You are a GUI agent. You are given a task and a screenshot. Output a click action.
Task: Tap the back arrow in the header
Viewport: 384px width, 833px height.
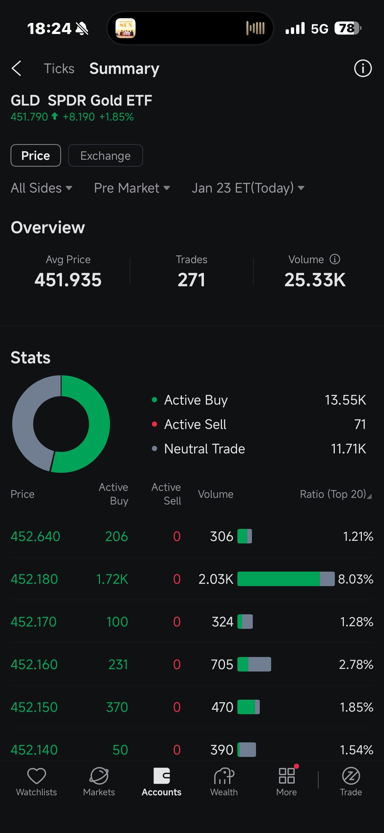coord(17,68)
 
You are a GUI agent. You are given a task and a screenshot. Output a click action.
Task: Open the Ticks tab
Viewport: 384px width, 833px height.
coord(59,69)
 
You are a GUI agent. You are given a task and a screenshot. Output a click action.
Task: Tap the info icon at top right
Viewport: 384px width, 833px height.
coord(363,68)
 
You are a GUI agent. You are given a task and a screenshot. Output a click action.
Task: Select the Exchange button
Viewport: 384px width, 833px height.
coord(105,156)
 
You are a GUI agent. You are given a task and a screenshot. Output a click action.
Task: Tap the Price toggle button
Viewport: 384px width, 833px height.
coord(35,156)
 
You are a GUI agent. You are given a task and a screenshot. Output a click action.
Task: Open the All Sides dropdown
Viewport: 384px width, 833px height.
coord(41,188)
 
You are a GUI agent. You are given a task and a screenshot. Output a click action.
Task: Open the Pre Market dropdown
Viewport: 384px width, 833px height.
coord(132,188)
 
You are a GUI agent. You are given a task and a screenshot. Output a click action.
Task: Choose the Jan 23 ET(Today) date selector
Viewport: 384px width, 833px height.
coord(248,188)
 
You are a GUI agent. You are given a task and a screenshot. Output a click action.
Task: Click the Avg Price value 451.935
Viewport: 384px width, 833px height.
coord(68,280)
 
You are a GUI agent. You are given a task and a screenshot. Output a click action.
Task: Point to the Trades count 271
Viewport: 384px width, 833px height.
coord(191,280)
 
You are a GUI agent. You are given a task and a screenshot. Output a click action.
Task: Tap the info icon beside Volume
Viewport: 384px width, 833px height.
coord(335,259)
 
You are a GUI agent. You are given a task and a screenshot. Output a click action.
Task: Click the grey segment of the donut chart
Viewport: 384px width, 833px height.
coord(24,420)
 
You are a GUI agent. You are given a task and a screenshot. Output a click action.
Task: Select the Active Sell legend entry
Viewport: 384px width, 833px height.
coord(195,424)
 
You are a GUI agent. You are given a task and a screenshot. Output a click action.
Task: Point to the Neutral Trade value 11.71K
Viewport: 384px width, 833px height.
coord(349,449)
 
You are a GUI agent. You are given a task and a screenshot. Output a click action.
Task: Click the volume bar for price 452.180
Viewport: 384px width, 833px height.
coord(286,579)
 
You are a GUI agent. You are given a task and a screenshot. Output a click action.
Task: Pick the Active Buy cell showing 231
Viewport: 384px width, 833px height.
coord(118,665)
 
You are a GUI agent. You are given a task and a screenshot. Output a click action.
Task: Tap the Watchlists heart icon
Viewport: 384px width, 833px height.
coord(37,776)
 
